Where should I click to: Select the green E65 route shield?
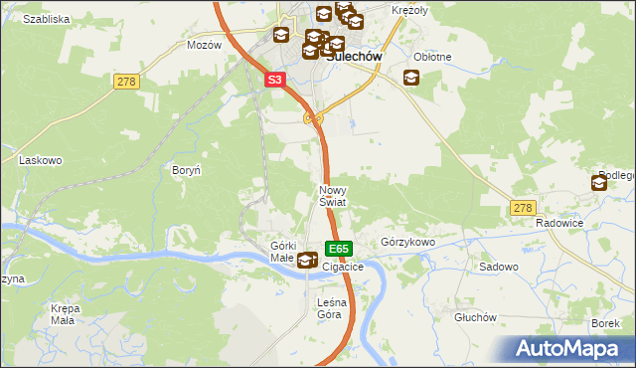point(338,248)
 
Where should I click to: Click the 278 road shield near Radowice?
point(524,207)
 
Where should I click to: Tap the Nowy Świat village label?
point(332,195)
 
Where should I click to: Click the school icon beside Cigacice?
point(307,261)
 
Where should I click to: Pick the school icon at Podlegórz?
point(600,183)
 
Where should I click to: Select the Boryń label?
point(187,171)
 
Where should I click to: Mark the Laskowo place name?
point(42,159)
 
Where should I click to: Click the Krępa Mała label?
point(65,314)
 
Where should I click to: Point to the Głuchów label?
point(474,317)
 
